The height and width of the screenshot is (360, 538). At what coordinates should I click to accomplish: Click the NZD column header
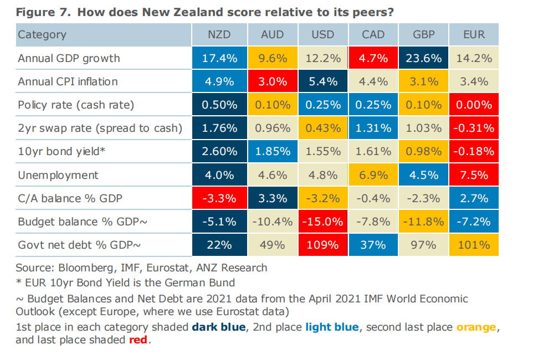219,34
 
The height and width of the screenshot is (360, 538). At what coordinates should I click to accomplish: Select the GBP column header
423,34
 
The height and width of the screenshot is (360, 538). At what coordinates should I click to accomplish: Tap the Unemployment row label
58,175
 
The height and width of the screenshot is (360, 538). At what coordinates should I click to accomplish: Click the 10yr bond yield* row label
61,152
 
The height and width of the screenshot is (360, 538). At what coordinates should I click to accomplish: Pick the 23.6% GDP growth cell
423,58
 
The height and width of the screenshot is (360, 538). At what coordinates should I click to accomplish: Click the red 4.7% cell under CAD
373,58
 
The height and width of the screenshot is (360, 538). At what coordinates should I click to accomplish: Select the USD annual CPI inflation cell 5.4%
322,81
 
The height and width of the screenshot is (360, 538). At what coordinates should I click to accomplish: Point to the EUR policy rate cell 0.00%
474,105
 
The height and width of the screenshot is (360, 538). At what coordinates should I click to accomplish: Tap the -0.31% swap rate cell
474,128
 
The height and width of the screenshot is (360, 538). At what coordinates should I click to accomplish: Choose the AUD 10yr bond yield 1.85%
272,152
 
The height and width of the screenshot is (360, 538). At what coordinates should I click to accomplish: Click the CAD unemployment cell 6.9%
373,175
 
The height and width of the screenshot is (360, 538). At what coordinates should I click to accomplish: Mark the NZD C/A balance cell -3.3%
219,198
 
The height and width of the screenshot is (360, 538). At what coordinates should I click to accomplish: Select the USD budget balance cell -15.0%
322,222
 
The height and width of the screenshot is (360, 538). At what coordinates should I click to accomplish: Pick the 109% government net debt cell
322,245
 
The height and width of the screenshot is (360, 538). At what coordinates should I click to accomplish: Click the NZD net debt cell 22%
219,245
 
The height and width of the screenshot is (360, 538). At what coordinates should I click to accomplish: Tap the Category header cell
42,34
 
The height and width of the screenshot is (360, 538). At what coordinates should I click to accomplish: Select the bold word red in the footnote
138,340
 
